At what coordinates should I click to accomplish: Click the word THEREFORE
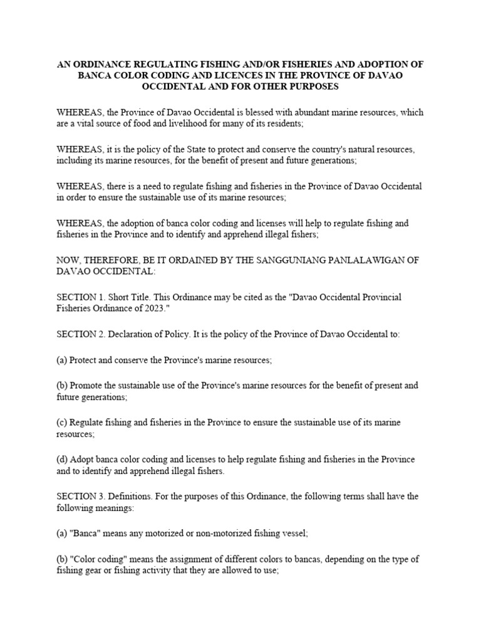(x=110, y=260)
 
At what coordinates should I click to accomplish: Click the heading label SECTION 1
(x=79, y=297)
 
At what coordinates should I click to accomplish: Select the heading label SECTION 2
(x=79, y=334)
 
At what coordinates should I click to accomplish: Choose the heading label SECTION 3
(x=79, y=497)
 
